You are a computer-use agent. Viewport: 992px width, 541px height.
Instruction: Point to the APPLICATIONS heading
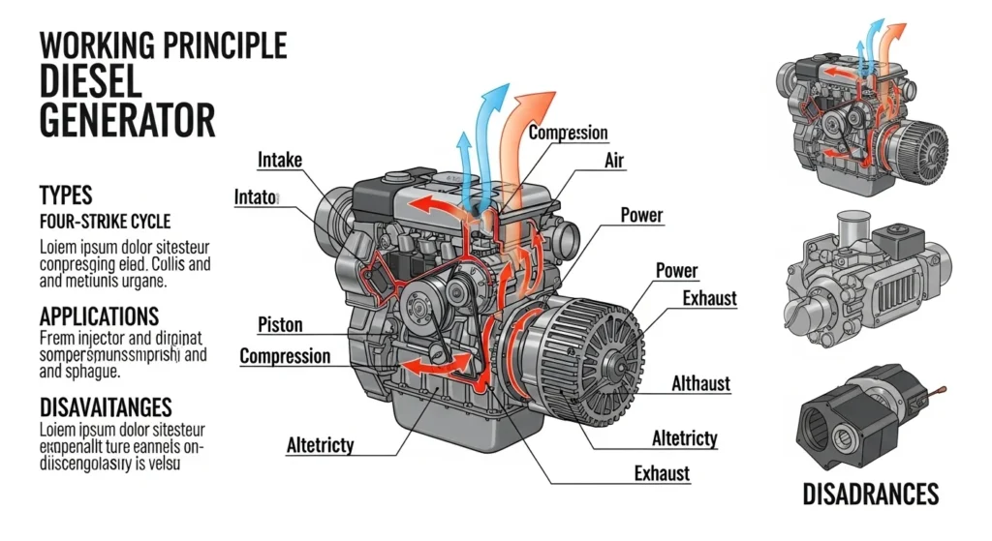[x=99, y=316]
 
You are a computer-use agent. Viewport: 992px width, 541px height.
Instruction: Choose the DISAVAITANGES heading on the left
[x=106, y=406]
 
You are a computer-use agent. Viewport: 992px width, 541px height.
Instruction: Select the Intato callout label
[x=256, y=197]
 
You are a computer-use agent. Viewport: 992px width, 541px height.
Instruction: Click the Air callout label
[x=613, y=162]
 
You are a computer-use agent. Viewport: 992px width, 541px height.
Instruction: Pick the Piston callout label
[x=281, y=324]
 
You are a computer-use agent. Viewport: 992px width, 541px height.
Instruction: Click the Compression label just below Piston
[x=284, y=356]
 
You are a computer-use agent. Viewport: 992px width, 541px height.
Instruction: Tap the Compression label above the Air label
[x=568, y=133]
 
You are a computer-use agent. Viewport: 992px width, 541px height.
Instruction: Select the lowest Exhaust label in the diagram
[x=662, y=472]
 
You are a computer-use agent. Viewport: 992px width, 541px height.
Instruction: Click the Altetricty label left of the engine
[x=320, y=445]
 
